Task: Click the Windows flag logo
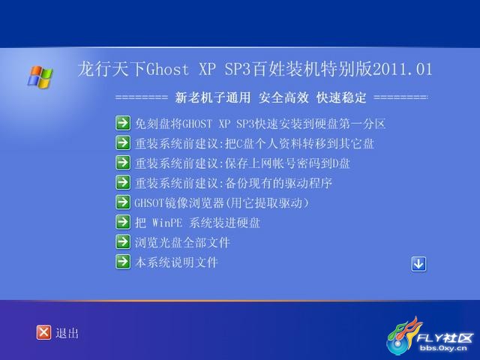coord(40,76)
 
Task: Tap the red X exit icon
coord(43,332)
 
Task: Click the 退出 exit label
coord(67,333)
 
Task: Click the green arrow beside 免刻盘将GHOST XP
coord(123,123)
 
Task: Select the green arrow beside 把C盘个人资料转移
coord(123,143)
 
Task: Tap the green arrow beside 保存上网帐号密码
coord(123,163)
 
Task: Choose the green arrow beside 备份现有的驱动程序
coord(123,182)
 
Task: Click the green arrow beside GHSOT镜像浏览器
coord(123,202)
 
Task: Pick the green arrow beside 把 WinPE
coord(123,222)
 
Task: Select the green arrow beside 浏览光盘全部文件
coord(123,241)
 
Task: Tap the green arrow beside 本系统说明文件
coord(123,262)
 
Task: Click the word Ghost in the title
coord(167,69)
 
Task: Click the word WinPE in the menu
coord(167,223)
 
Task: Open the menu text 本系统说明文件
coord(177,262)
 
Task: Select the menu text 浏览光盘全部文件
coord(182,242)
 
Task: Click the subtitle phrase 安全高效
coord(283,98)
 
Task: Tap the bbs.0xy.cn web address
coord(443,348)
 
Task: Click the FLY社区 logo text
coord(445,337)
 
